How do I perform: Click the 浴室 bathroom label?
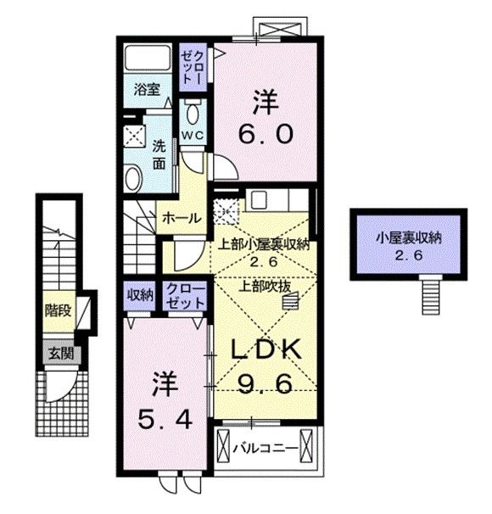tap(147, 90)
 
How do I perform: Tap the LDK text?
tap(264, 349)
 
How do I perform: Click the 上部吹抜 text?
tap(264, 285)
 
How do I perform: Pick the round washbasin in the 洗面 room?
tap(134, 176)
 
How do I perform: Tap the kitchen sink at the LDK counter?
tap(258, 200)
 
